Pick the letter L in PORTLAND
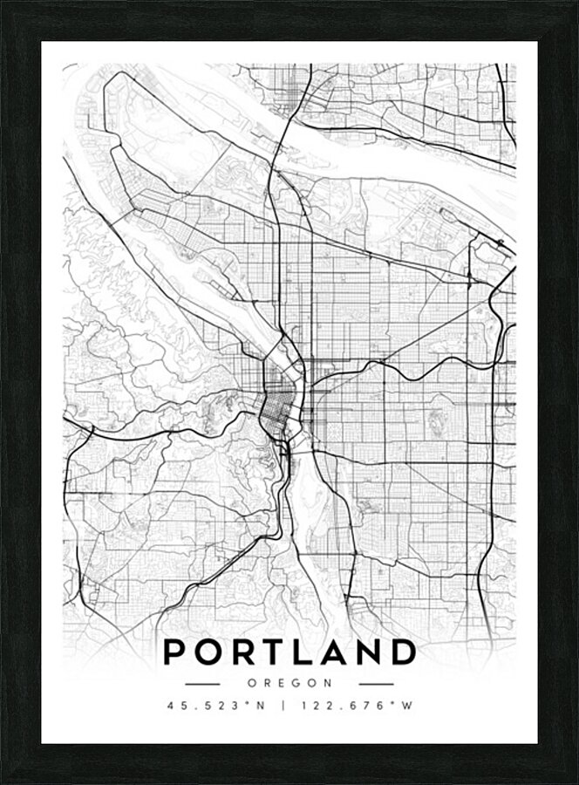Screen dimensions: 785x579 (307, 652)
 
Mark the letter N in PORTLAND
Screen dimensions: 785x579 (369, 652)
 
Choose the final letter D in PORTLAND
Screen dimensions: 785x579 (403, 652)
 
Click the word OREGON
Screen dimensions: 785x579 (289, 684)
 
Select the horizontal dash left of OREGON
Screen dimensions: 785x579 (202, 684)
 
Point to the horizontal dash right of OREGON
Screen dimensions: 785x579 (377, 684)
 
